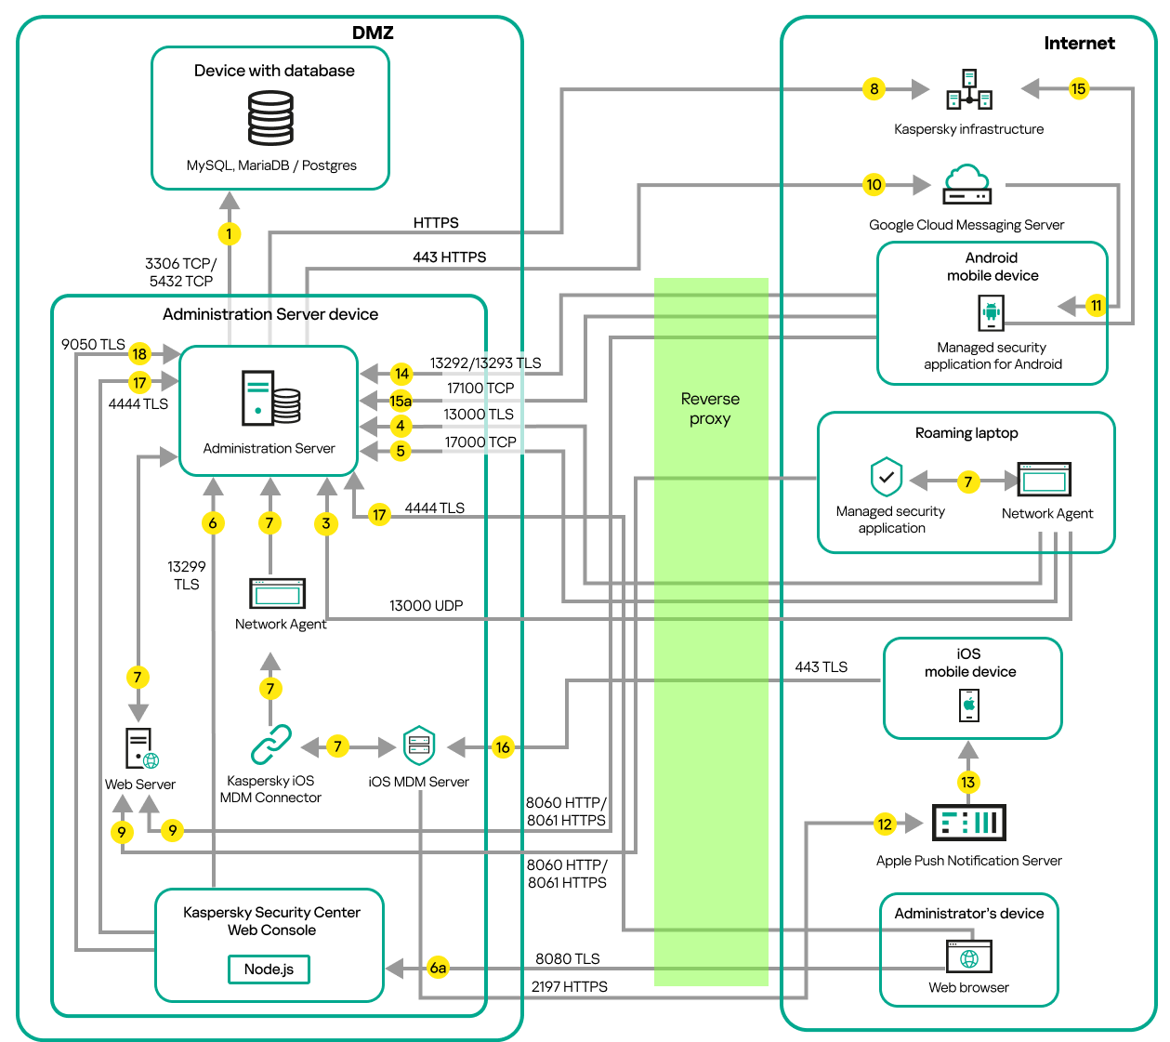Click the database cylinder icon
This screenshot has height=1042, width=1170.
coord(270,117)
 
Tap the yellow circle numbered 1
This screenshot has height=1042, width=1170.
coord(229,233)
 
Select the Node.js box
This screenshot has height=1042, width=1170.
coord(269,969)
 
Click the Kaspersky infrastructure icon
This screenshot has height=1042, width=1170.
coord(968,89)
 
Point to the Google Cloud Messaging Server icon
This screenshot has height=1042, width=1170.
coord(966,184)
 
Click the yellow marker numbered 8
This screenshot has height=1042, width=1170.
coord(874,89)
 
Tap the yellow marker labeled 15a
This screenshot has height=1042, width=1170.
coord(401,401)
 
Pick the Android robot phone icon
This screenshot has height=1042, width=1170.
coord(992,312)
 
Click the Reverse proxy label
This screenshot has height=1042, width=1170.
coord(710,408)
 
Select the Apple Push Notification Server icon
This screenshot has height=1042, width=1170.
coord(968,823)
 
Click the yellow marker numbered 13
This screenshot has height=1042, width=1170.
coord(968,782)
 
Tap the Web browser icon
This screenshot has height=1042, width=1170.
coord(968,956)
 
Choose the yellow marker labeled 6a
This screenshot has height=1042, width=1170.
coord(438,968)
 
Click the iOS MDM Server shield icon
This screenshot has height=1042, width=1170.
coord(419,745)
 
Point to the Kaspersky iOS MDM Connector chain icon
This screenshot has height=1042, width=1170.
coord(270,745)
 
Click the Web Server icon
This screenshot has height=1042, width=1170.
coord(141,748)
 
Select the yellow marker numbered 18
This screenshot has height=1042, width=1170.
coord(139,353)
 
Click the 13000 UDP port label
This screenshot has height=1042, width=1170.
coord(426,605)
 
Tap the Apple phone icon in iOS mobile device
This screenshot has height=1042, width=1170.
coord(969,705)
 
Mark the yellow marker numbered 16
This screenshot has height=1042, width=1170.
coord(503,746)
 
